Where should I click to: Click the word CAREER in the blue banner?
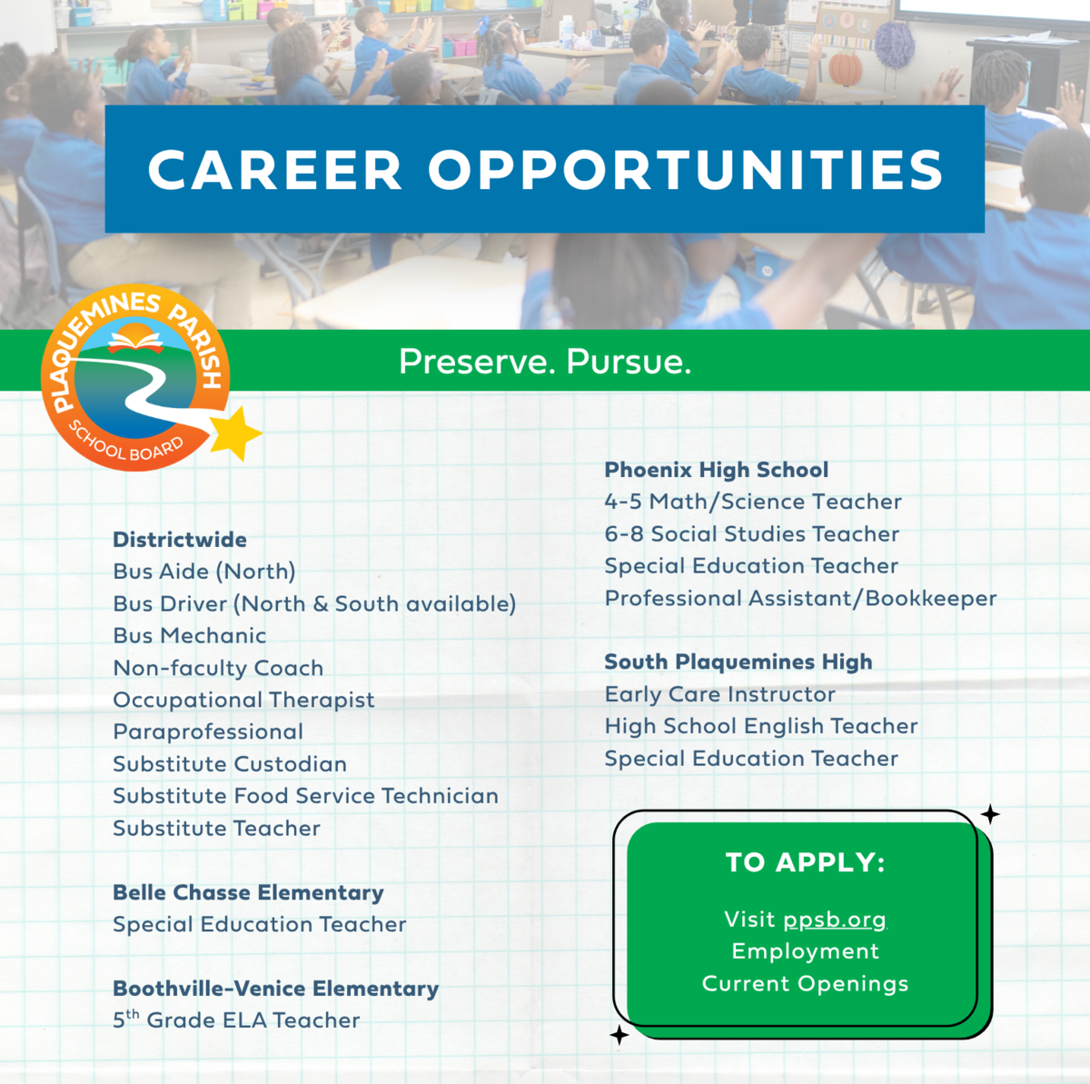[x=275, y=170]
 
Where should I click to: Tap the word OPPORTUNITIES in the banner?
[x=686, y=170]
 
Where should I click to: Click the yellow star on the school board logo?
[x=234, y=433]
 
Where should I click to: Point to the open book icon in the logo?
[x=135, y=341]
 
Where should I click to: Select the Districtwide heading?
[x=180, y=540]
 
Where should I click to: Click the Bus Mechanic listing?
[x=190, y=636]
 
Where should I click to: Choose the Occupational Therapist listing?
[x=243, y=701]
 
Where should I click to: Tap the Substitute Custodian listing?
[x=230, y=764]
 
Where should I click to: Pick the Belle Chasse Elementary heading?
[x=248, y=892]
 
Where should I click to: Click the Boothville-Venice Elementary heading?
[x=276, y=989]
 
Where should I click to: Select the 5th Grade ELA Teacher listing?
[x=236, y=1020]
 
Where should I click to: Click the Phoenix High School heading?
[x=717, y=470]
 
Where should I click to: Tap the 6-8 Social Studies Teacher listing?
[x=752, y=533]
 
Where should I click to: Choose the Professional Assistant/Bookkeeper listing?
[x=800, y=598]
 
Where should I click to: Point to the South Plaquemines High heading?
[x=738, y=661]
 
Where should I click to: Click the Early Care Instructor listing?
[x=719, y=694]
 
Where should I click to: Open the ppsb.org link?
[x=835, y=920]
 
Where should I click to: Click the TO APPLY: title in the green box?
[x=805, y=862]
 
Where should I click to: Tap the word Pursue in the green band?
[x=629, y=361]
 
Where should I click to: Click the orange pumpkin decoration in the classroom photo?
[x=846, y=68]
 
